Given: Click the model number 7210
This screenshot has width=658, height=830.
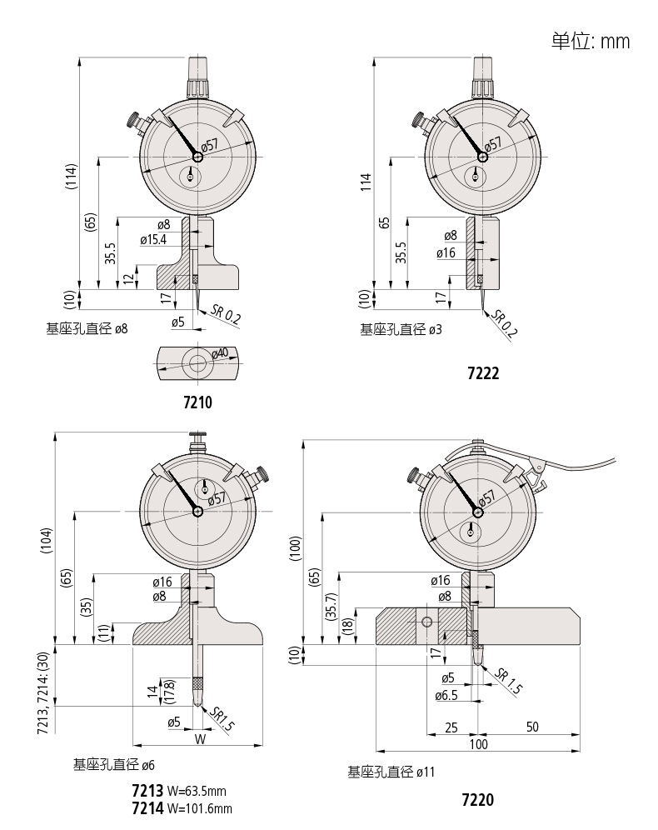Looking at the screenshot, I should [197, 403].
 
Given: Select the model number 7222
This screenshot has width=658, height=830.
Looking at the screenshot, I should [483, 373].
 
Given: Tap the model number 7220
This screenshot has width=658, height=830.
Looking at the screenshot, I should [477, 800].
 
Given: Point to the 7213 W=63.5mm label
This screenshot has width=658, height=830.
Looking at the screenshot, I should [179, 790].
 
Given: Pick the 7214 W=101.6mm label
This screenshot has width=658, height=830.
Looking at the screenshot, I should [182, 807].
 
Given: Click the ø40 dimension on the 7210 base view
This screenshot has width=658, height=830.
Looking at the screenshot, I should [219, 354].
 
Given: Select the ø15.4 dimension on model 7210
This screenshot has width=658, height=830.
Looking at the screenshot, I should [153, 239].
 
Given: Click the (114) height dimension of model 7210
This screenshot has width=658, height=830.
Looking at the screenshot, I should [72, 176].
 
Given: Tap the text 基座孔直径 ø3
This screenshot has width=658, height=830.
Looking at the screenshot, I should [400, 330].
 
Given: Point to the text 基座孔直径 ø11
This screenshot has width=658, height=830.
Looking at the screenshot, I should [391, 772].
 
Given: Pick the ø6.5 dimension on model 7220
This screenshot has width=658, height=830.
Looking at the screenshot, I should [446, 694].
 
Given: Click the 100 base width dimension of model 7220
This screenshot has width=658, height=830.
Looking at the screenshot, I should [477, 744].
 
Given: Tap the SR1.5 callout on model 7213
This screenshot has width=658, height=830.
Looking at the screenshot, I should [222, 718].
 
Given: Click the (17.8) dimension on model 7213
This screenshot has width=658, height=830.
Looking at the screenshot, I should [169, 690].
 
